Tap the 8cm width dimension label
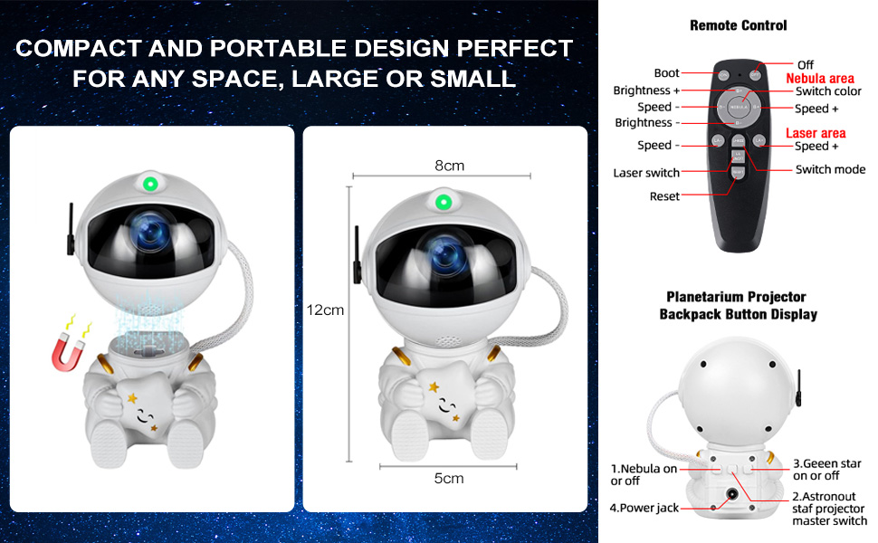pyautogui.click(x=449, y=166)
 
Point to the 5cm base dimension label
pyautogui.click(x=449, y=478)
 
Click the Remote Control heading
pyautogui.click(x=738, y=25)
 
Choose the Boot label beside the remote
pyautogui.click(x=666, y=73)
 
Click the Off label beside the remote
pyautogui.click(x=806, y=65)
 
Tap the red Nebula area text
pyautogui.click(x=820, y=79)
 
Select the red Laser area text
pyautogui.click(x=816, y=133)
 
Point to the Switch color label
pyautogui.click(x=828, y=91)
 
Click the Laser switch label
pyautogui.click(x=645, y=173)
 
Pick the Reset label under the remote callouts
pyautogui.click(x=664, y=196)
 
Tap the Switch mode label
pyautogui.click(x=830, y=169)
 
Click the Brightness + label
pyautogui.click(x=646, y=90)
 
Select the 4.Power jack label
pyautogui.click(x=644, y=508)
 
